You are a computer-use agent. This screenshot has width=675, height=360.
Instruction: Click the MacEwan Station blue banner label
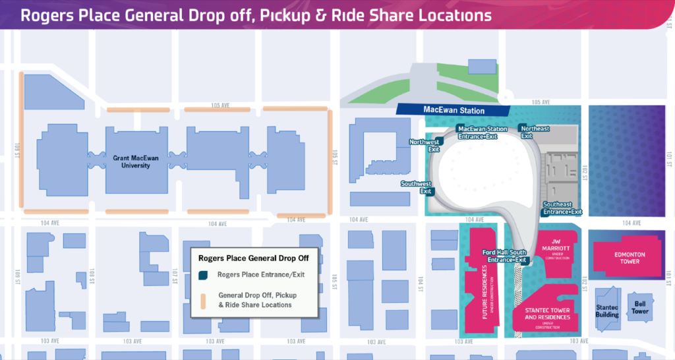(454, 111)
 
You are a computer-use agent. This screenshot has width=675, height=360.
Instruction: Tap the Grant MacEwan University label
(131, 162)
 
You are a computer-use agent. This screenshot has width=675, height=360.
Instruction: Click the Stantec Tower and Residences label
(548, 316)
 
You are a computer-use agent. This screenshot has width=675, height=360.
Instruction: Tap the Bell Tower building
(640, 308)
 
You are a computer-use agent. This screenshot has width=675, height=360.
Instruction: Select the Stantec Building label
(607, 310)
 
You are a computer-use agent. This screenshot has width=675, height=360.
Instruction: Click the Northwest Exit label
(424, 145)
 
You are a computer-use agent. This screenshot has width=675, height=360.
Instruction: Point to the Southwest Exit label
(417, 187)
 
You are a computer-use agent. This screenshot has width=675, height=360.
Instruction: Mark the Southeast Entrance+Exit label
(562, 208)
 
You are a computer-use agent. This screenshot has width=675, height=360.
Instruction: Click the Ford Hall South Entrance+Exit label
(505, 256)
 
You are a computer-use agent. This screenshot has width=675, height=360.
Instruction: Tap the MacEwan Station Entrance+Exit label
(483, 132)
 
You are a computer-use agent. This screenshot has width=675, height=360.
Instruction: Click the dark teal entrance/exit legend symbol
(203, 275)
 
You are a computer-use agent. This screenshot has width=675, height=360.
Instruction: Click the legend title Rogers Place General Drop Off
(254, 258)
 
